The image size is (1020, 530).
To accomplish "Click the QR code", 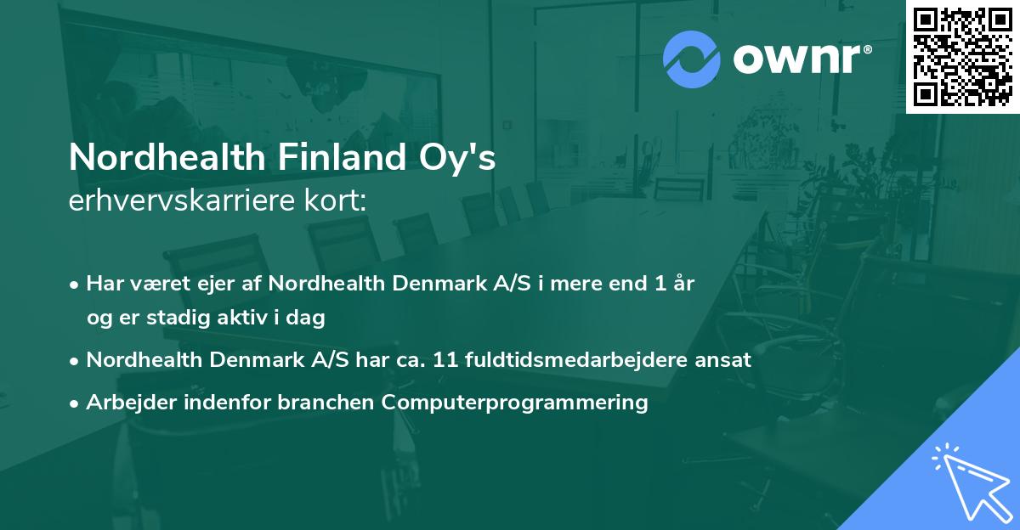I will [963, 56].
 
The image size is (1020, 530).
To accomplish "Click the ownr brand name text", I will [801, 59].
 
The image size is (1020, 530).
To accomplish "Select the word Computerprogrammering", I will [515, 402].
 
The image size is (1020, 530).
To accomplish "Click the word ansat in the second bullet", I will [727, 359].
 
